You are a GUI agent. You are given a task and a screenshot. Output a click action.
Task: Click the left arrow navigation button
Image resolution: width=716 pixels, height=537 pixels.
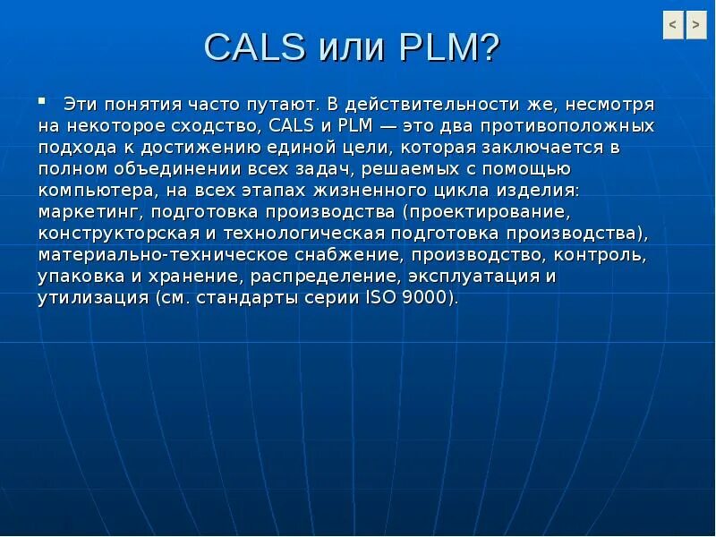pos(673,26)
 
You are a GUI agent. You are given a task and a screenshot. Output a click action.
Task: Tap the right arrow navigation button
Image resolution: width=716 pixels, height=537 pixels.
pos(696,26)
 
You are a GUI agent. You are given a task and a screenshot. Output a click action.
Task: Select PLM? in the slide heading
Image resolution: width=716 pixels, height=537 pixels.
pos(449,47)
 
